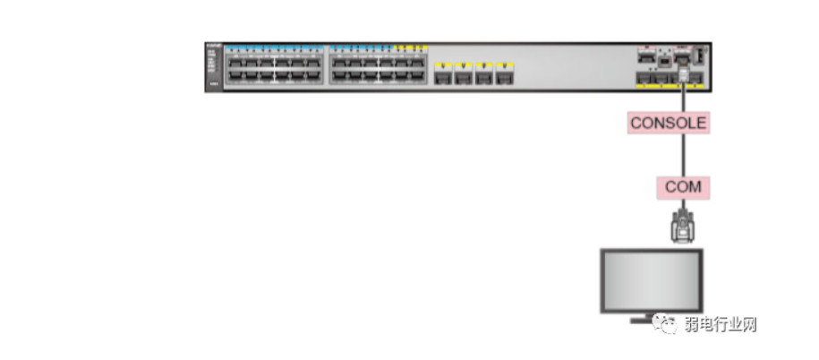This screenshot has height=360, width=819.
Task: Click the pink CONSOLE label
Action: (x=669, y=123)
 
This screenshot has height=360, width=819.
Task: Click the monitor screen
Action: (x=651, y=278)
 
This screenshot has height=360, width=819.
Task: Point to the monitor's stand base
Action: (x=651, y=319)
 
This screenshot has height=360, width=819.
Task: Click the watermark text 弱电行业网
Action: (x=720, y=324)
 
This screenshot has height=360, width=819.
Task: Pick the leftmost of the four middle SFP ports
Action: (x=441, y=77)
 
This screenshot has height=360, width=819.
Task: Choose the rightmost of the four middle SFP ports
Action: (x=506, y=77)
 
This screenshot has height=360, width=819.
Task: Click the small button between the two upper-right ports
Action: (x=664, y=60)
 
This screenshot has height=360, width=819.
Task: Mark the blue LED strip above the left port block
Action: (x=274, y=47)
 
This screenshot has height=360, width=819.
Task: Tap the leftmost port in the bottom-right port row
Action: (x=643, y=79)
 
